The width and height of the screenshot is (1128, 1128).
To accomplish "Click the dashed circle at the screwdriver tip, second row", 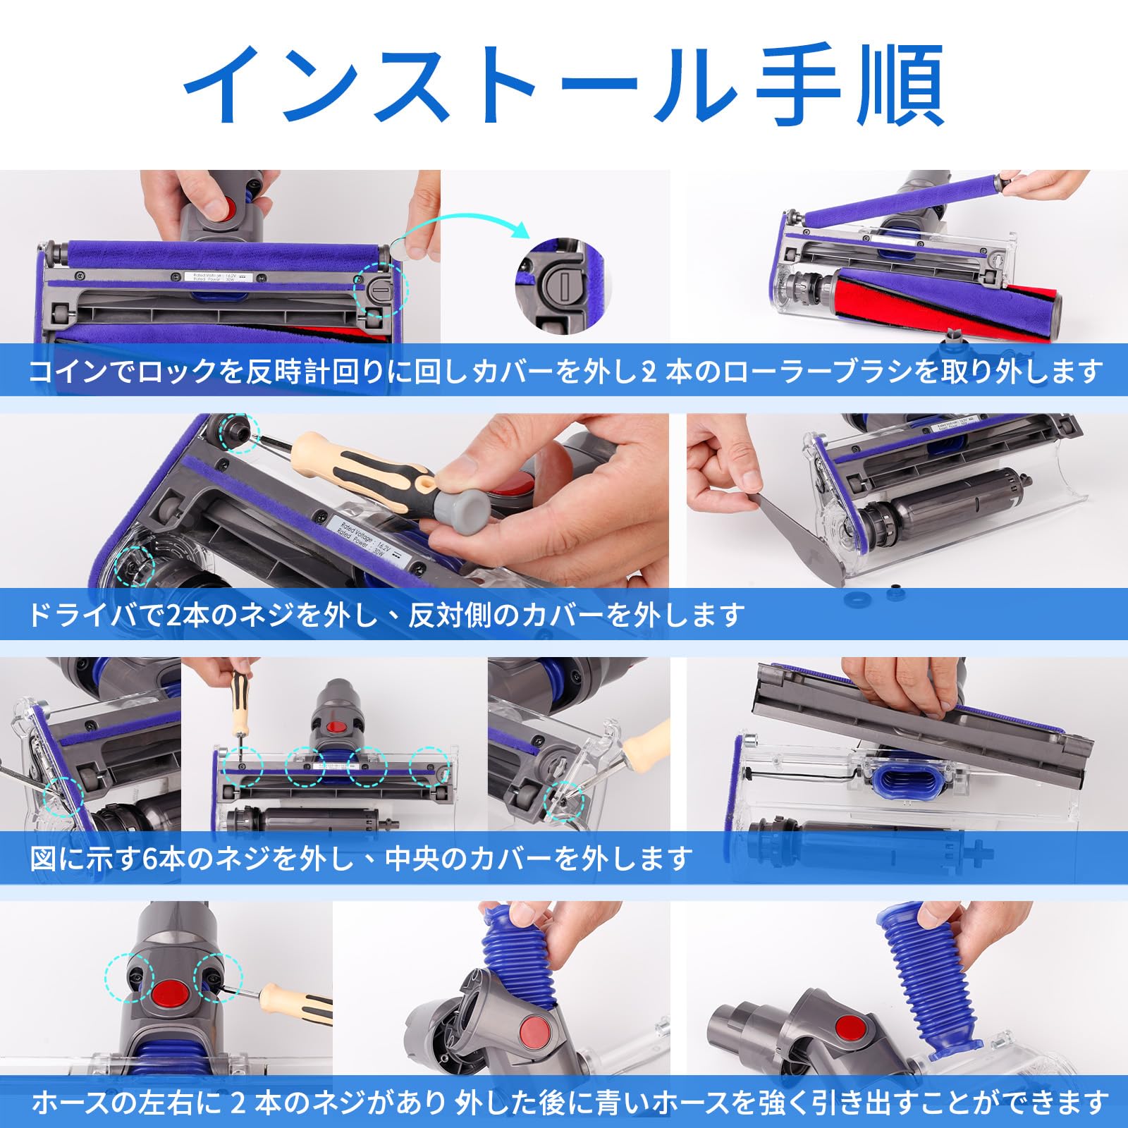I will click(239, 433).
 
